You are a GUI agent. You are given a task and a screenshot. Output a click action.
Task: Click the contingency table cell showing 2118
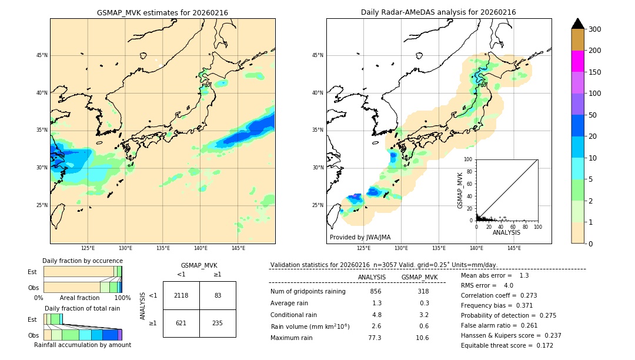(x=181, y=295)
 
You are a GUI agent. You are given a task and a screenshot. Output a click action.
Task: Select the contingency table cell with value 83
(x=218, y=295)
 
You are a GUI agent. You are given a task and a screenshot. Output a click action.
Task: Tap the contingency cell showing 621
(x=181, y=323)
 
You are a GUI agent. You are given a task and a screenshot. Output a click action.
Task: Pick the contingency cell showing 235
(x=218, y=323)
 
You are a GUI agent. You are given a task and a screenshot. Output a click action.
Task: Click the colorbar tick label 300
(x=595, y=29)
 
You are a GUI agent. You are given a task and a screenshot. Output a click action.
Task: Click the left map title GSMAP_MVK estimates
(x=162, y=13)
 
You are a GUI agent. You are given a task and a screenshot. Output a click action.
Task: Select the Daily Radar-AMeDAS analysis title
(x=438, y=13)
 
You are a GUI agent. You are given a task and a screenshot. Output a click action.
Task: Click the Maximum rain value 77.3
(x=375, y=338)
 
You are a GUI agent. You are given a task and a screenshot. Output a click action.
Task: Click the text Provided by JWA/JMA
(x=360, y=238)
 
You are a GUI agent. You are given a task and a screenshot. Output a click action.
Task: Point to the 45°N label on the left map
(x=42, y=55)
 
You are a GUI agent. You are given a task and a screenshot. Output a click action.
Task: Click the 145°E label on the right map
(x=514, y=248)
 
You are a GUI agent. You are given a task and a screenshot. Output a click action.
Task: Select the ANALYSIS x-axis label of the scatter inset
(x=506, y=233)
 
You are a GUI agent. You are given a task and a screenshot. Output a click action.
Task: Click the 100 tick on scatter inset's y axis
(x=469, y=159)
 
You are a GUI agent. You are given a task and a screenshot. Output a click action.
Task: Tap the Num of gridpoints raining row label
(x=308, y=292)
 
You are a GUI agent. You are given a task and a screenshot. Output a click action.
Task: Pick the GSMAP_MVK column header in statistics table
(x=419, y=277)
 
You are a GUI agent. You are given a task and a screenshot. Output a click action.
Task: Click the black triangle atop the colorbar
(x=578, y=24)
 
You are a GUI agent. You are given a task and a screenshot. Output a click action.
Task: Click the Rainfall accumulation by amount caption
(x=82, y=345)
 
